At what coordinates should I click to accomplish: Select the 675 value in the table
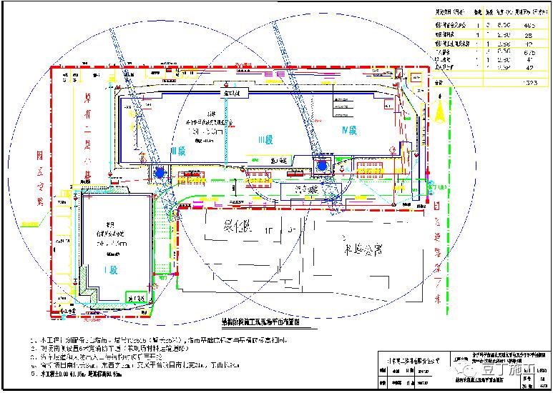(x=529, y=52)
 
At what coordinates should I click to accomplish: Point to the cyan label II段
(x=177, y=150)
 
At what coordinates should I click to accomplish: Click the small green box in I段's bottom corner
(x=133, y=297)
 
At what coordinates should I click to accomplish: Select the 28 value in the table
(x=529, y=34)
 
